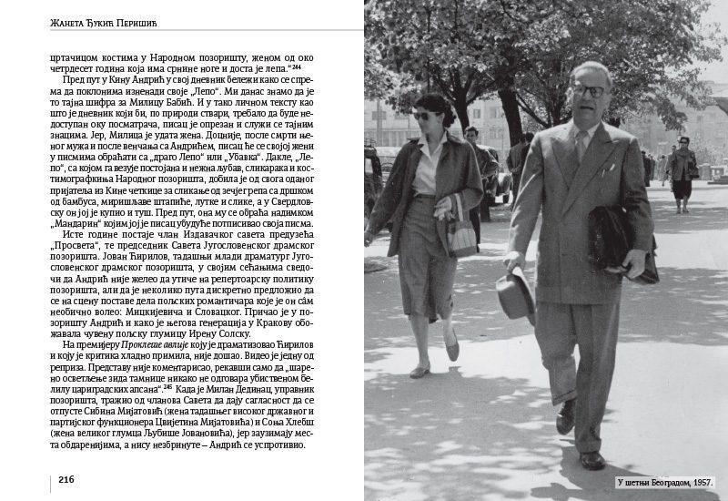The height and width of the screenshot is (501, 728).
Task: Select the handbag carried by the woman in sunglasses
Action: coord(461,234)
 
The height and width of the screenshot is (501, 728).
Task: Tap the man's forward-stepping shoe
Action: coord(592,460)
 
